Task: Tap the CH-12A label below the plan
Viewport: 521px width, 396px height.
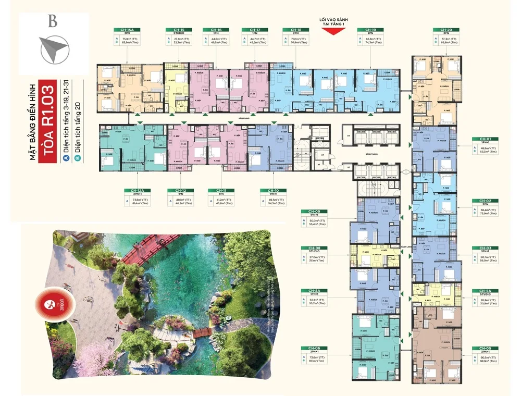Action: pyautogui.click(x=138, y=190)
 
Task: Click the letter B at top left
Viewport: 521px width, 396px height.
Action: pyautogui.click(x=52, y=22)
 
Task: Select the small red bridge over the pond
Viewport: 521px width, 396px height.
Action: pyautogui.click(x=200, y=333)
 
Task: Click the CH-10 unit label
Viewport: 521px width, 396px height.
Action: pyautogui.click(x=273, y=190)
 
